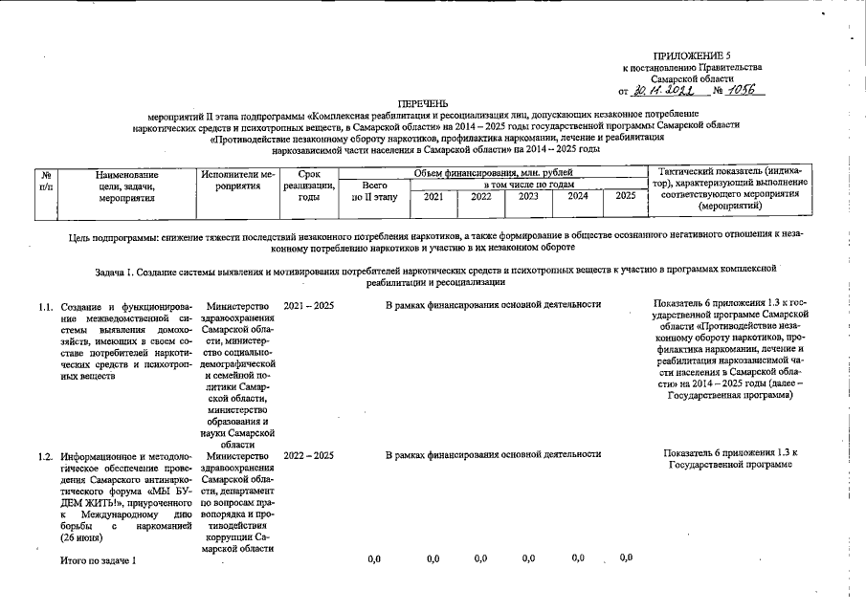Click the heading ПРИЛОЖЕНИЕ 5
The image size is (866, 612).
691,57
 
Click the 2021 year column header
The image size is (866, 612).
433,196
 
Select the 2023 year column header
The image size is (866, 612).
528,196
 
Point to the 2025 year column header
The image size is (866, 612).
625,196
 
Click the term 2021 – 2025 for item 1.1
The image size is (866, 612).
309,305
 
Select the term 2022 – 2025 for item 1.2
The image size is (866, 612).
309,455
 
